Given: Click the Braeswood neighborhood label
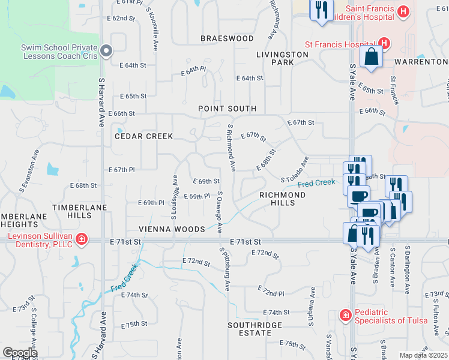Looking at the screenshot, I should click(x=227, y=38).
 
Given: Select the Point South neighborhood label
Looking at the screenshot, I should click(x=228, y=109).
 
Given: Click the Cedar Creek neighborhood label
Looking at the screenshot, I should click(x=144, y=136).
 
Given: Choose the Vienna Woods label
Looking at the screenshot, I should click(x=172, y=229).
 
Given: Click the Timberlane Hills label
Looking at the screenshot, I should click(x=79, y=211).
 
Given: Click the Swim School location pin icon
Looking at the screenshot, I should click(x=107, y=51).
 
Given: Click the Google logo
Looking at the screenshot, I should click(x=20, y=353).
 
